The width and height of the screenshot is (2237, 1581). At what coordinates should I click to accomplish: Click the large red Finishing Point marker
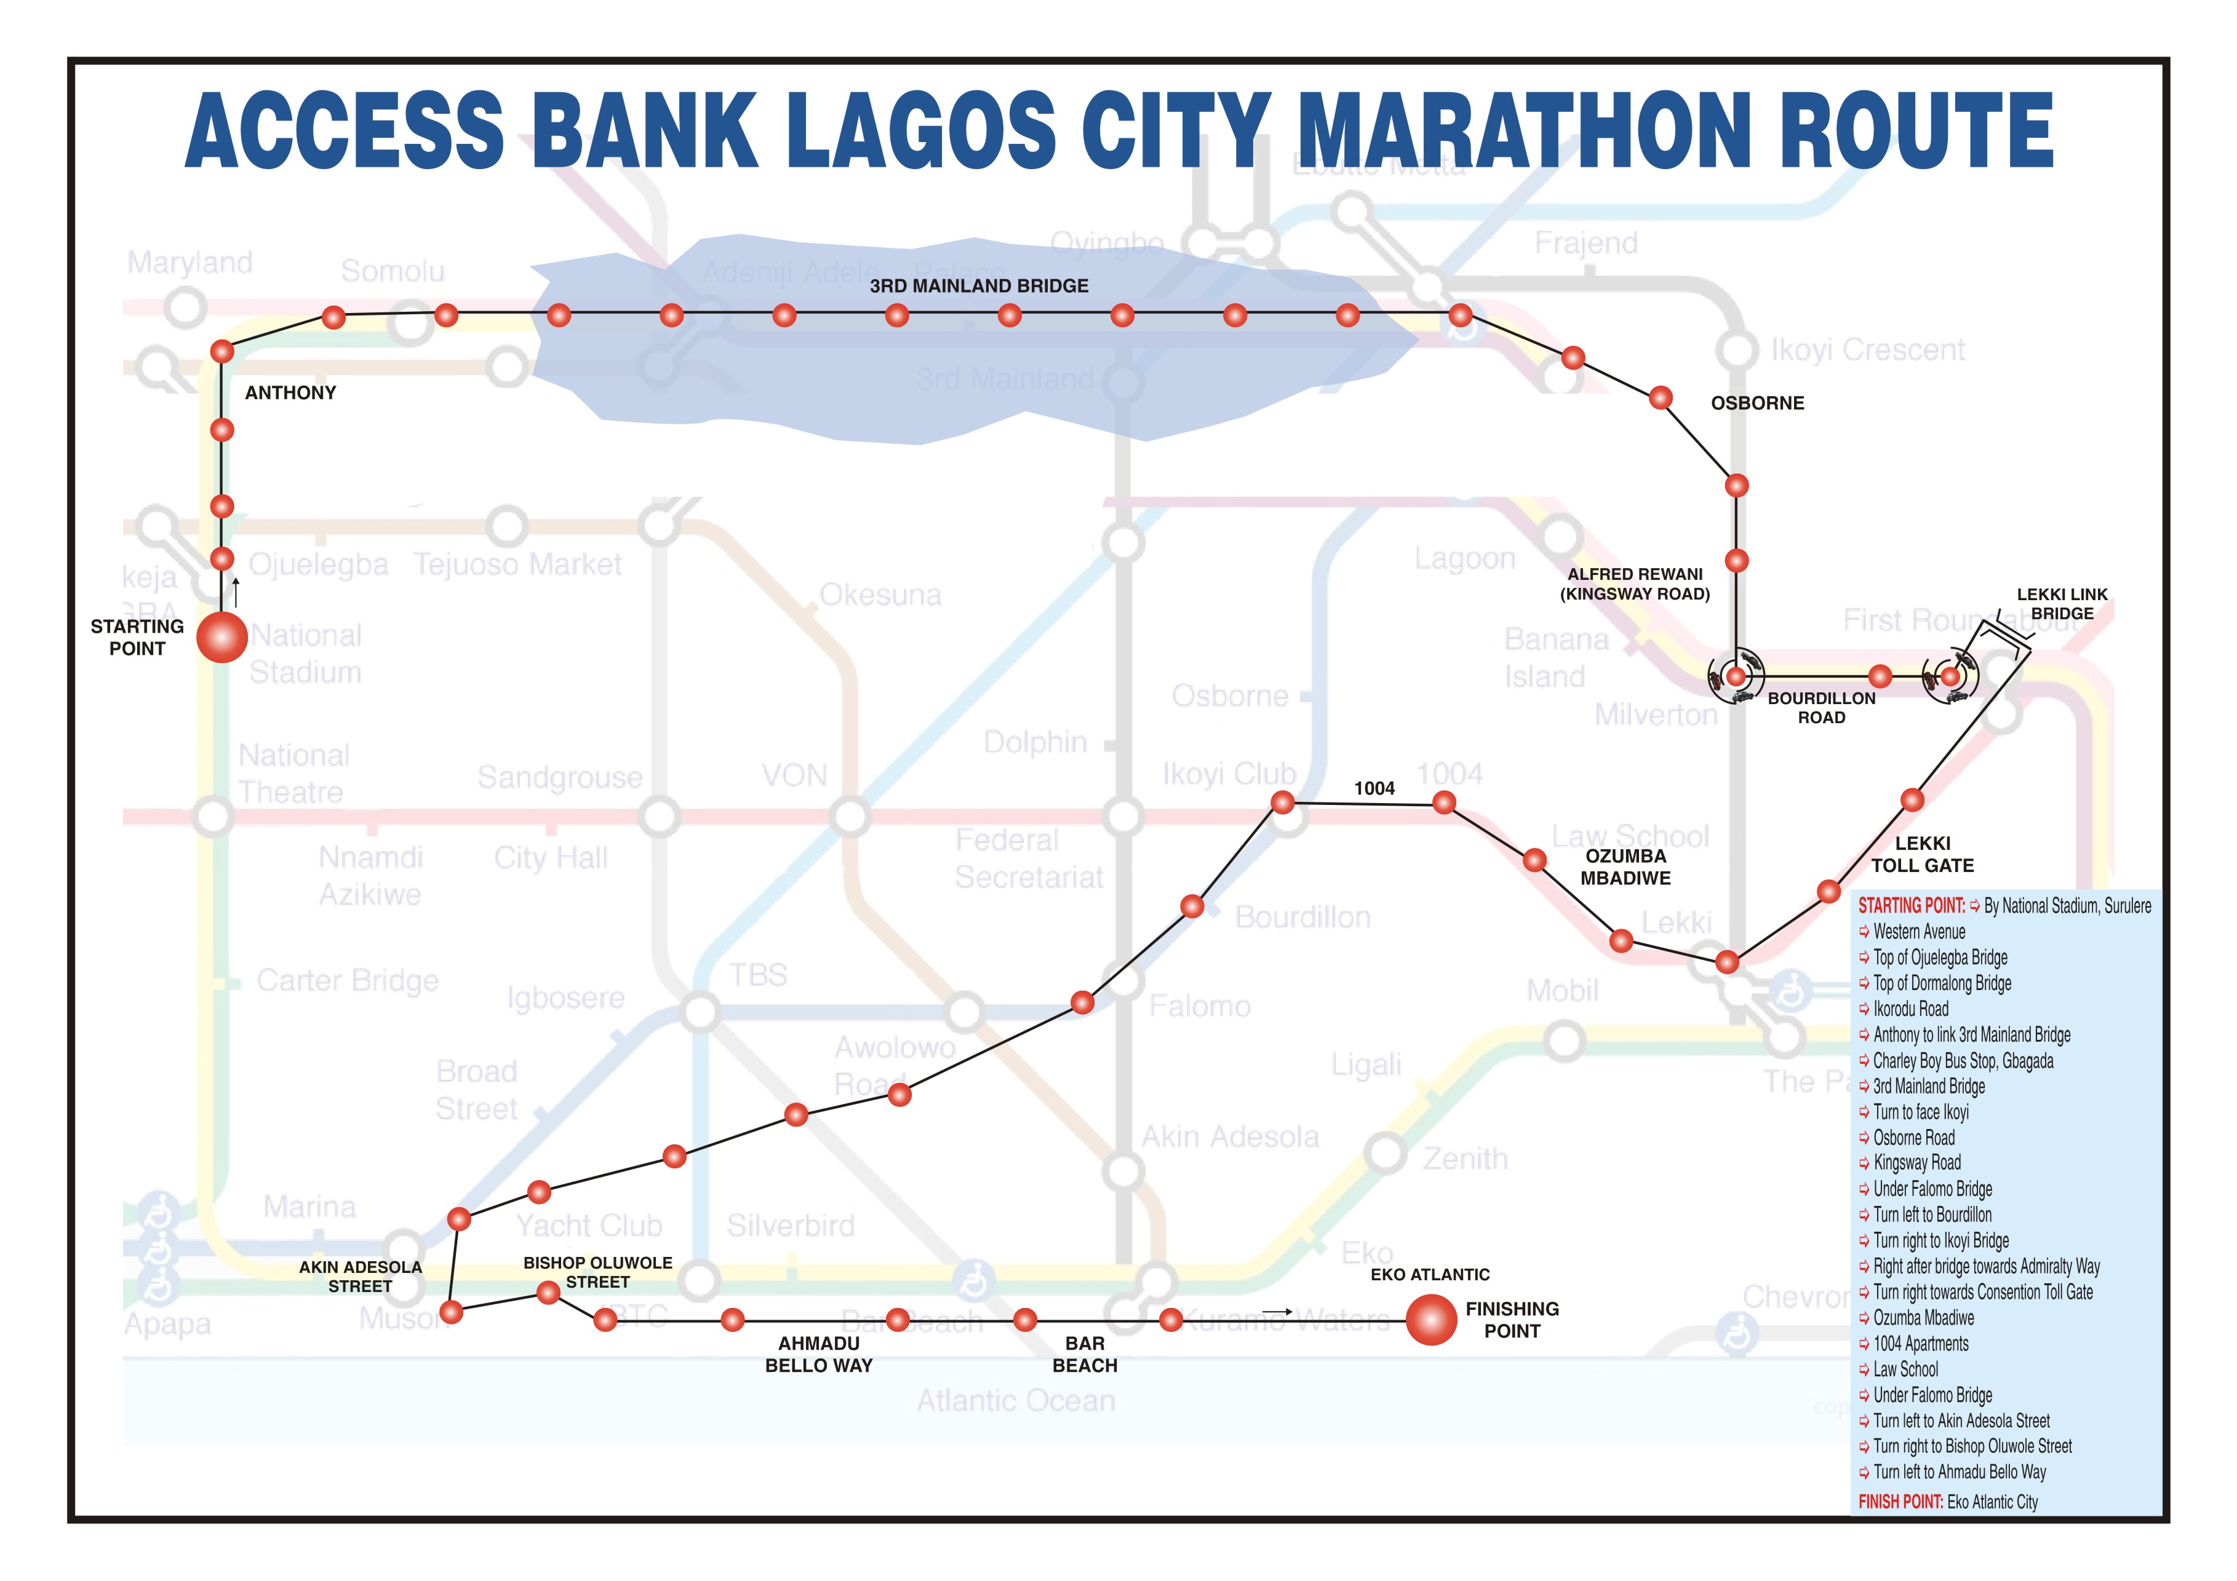[x=1430, y=1320]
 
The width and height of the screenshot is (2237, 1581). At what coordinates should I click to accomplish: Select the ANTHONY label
[x=290, y=392]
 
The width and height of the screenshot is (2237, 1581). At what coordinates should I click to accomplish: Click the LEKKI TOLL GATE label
[x=1922, y=854]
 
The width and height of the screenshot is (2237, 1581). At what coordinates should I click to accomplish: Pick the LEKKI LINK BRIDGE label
[x=2062, y=604]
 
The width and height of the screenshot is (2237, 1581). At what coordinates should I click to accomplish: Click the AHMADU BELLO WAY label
[x=818, y=1354]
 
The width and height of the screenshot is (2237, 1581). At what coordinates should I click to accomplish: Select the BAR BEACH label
[x=1085, y=1354]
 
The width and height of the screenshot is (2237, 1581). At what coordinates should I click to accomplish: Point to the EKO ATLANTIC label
[x=1429, y=1274]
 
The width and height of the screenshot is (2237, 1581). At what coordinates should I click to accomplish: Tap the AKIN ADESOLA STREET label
[x=361, y=1276]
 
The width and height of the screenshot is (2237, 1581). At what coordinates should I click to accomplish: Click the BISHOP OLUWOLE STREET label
[x=597, y=1272]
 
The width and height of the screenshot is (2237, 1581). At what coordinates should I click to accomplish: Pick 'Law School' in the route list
[x=1906, y=1369]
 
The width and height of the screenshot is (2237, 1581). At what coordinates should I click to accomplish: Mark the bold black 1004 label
[x=1374, y=788]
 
